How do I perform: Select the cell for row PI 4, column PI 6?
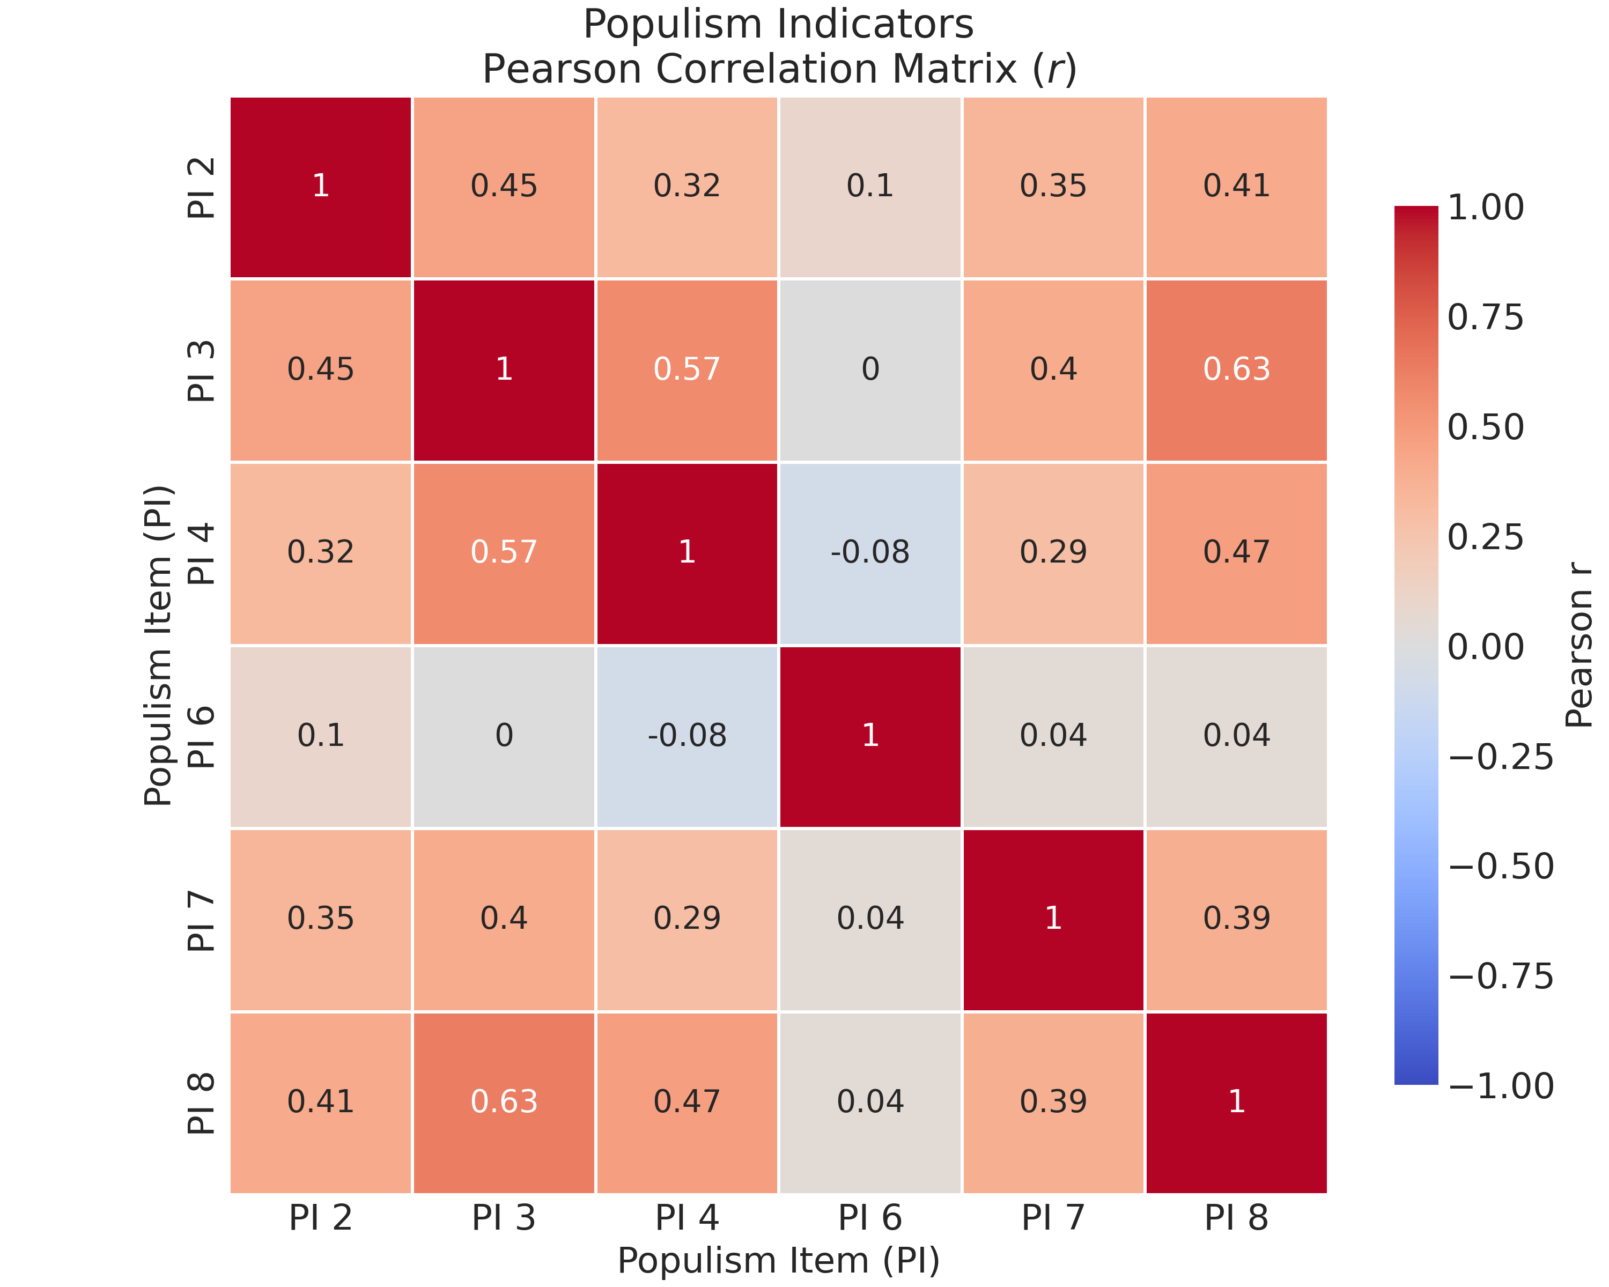click(870, 553)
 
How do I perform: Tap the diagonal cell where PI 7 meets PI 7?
click(1053, 919)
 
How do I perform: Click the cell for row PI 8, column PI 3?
click(504, 1102)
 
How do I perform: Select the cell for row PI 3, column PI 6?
click(870, 369)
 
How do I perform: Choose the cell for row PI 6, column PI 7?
click(1053, 736)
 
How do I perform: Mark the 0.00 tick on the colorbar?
click(1485, 647)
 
